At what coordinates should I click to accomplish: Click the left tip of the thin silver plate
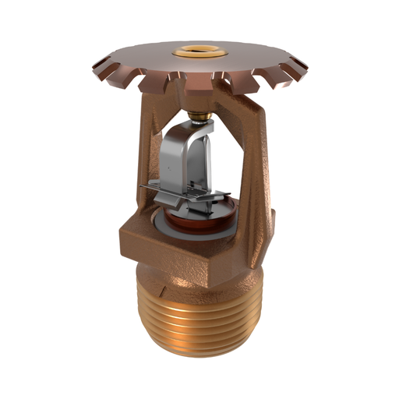143,187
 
